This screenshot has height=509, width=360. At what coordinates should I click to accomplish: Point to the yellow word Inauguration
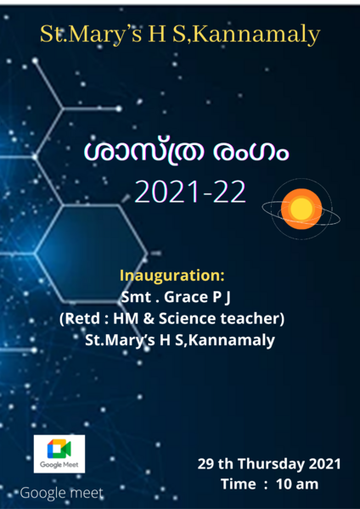tap(172, 277)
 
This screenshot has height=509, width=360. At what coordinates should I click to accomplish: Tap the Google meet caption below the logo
tap(60, 492)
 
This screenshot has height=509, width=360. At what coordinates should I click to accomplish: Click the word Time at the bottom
tap(239, 484)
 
